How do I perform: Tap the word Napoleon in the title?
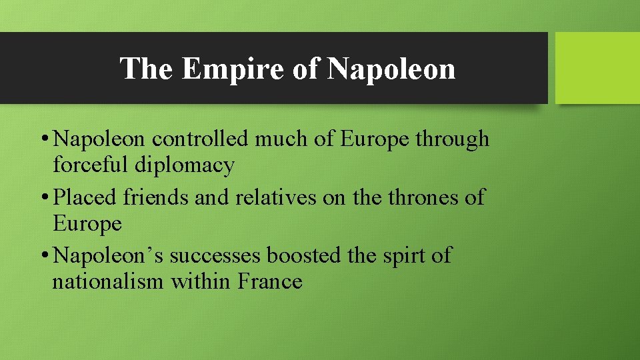pos(392,69)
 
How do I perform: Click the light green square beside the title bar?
pos(597,68)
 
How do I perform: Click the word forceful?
pos(92,165)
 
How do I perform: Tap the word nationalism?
pos(108,281)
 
